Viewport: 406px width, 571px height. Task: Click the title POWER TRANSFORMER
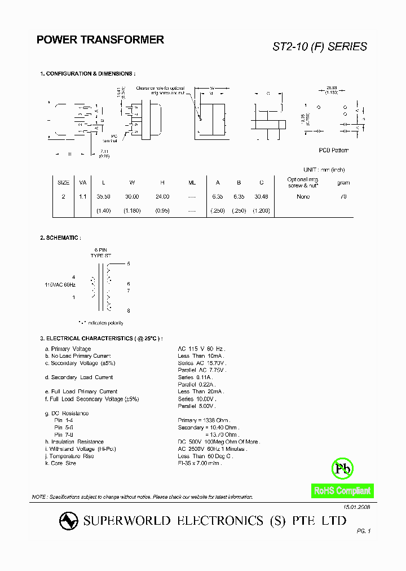(x=100, y=40)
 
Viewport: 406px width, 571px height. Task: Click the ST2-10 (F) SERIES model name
(x=320, y=47)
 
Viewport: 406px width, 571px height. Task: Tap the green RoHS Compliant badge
(x=342, y=491)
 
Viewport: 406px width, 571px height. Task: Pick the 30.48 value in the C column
(x=262, y=196)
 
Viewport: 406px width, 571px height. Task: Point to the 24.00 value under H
(x=162, y=196)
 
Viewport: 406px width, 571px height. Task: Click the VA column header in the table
(x=83, y=183)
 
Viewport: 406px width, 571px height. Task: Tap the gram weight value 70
(x=343, y=196)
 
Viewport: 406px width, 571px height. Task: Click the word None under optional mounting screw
(x=303, y=196)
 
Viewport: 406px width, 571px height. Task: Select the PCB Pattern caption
(x=333, y=150)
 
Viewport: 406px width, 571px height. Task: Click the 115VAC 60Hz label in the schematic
(x=60, y=285)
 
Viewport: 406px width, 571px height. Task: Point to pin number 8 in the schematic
(x=129, y=310)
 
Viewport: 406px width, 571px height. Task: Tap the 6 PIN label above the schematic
(x=101, y=249)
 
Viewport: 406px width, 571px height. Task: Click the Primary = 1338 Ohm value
(x=204, y=420)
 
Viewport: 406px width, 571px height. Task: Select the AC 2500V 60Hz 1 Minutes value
(x=212, y=449)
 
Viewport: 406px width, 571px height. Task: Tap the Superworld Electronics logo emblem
(x=69, y=521)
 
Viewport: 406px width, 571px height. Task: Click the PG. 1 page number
(x=364, y=531)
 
